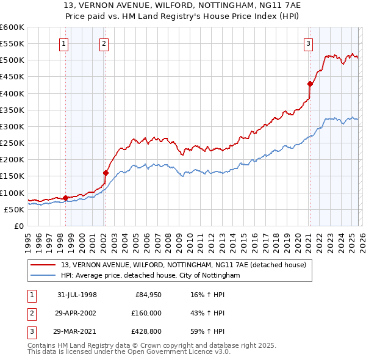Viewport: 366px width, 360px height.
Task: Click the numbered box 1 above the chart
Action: pos(64,43)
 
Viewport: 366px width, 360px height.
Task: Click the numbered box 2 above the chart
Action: pos(104,43)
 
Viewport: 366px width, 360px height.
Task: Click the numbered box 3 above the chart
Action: pos(309,43)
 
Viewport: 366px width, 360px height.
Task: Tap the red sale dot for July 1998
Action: pos(65,198)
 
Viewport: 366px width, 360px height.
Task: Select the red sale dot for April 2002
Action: pos(106,173)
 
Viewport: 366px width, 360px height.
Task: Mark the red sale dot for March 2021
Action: pos(310,84)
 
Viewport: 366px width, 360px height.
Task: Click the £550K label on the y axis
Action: pos(12,44)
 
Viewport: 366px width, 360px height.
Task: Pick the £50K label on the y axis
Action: pos(14,209)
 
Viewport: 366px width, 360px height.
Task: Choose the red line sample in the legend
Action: pos(44,265)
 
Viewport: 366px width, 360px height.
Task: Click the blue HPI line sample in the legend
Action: pos(44,276)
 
